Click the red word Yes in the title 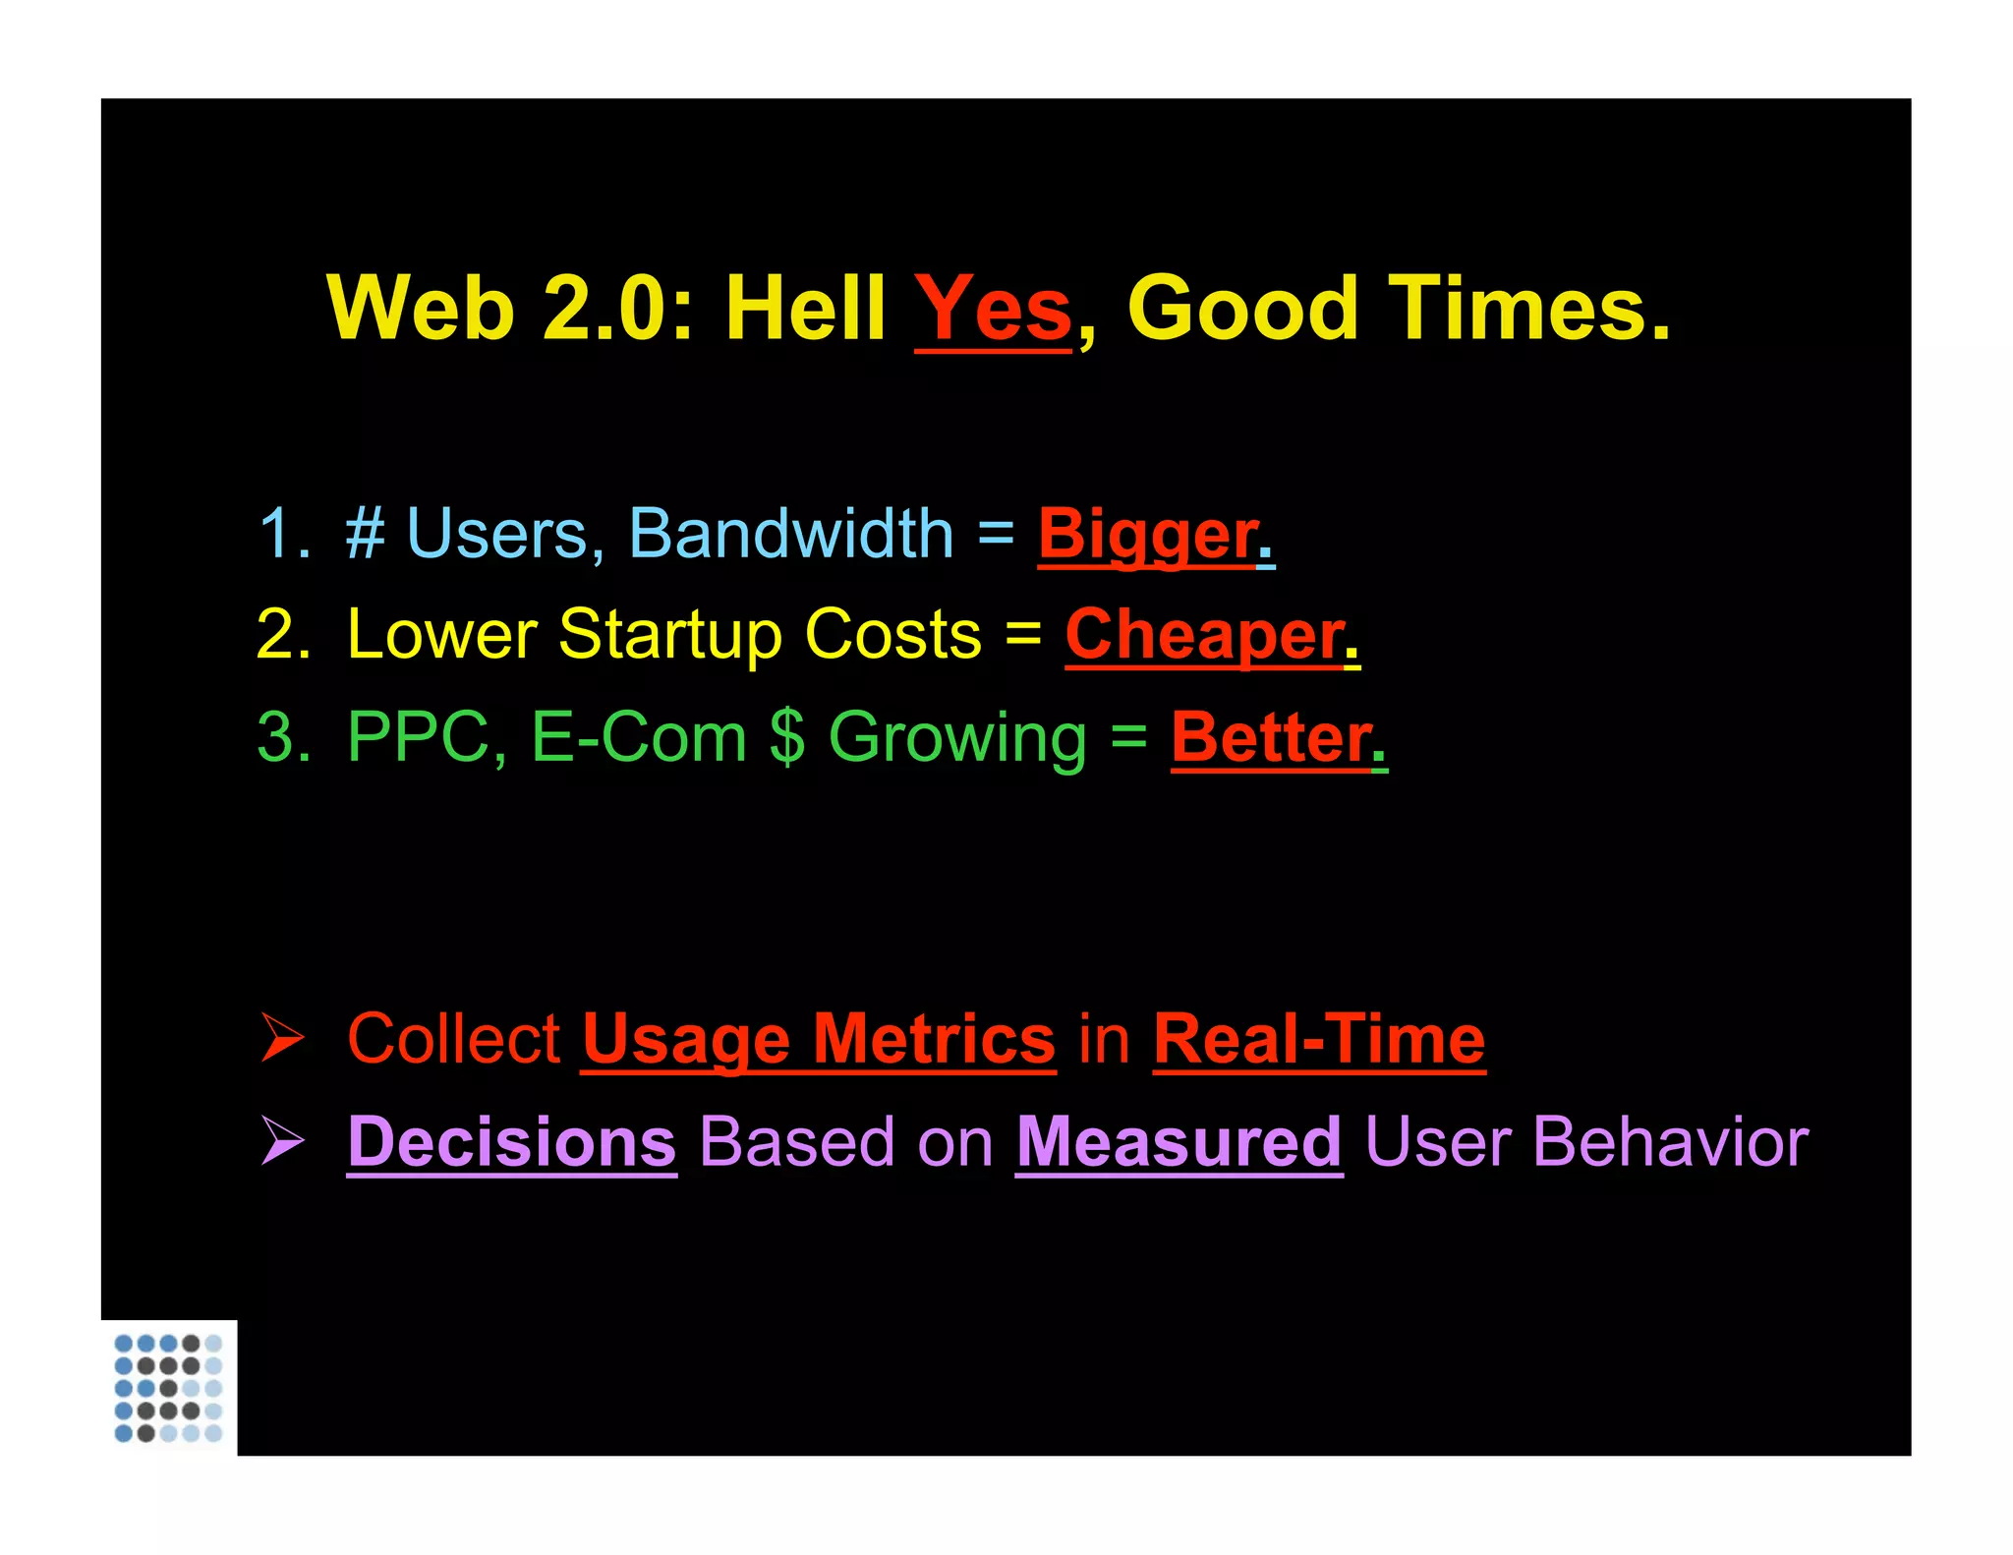[x=993, y=309]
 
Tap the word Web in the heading [x=421, y=309]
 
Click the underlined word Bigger [x=1148, y=535]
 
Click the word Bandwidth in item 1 [x=790, y=535]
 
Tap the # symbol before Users [x=365, y=535]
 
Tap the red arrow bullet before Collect [x=282, y=1039]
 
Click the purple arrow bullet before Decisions [x=282, y=1141]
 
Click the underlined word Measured [x=1179, y=1142]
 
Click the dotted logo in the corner [x=168, y=1387]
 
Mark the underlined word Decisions [x=511, y=1142]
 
